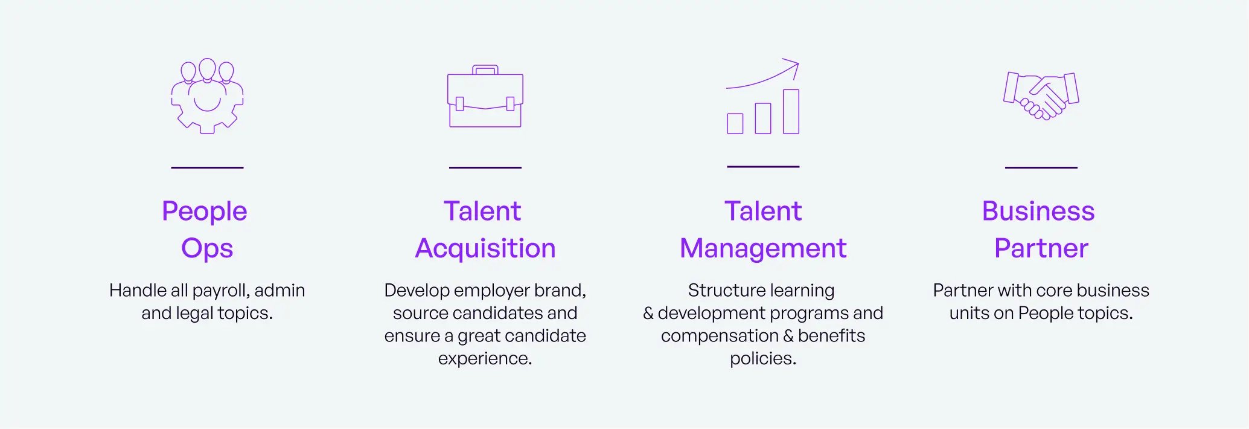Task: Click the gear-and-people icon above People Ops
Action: click(207, 96)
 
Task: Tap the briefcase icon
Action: click(485, 97)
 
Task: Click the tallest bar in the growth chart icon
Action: click(791, 112)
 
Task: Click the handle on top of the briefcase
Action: click(485, 69)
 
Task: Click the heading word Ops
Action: click(207, 248)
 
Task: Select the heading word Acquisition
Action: click(485, 248)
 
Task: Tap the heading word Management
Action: click(763, 248)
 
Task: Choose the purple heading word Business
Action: click(1038, 211)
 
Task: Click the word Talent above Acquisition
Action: click(482, 211)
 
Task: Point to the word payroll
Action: click(220, 291)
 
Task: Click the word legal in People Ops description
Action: click(195, 313)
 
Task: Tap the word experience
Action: click(485, 358)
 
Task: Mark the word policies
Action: click(763, 358)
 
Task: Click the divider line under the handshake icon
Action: click(1041, 167)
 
